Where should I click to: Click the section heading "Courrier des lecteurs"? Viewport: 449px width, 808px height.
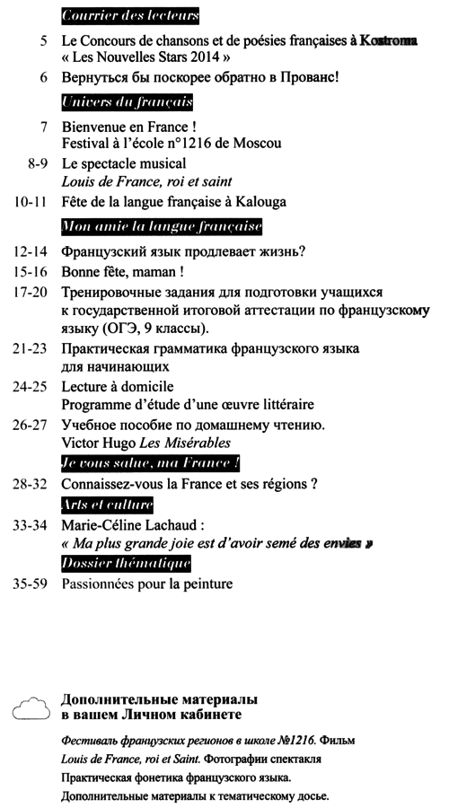(x=131, y=16)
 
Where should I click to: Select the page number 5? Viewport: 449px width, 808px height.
(x=44, y=42)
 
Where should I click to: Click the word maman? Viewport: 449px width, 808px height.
(x=150, y=270)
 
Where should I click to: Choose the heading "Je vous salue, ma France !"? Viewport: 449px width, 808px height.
(x=151, y=464)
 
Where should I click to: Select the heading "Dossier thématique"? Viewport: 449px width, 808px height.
(x=127, y=563)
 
